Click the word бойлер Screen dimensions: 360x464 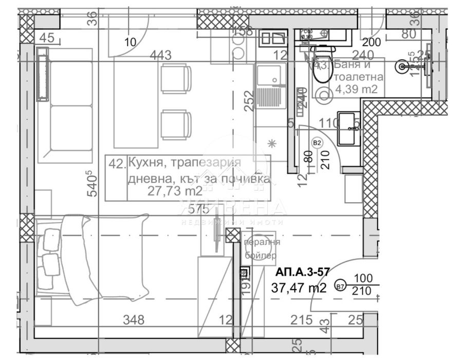coord(262,255)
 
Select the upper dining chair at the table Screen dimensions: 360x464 coord(176,78)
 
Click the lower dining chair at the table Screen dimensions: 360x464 coord(176,125)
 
